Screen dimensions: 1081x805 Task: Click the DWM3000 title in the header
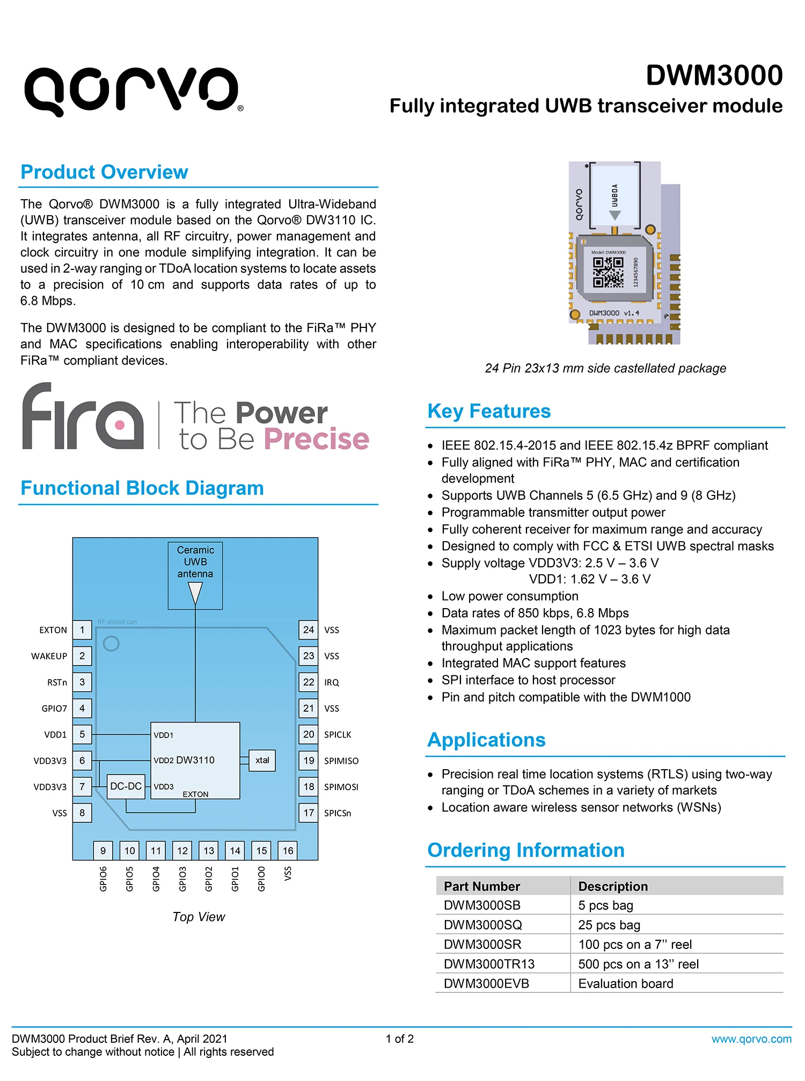(x=714, y=75)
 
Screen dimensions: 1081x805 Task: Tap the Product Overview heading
(x=104, y=172)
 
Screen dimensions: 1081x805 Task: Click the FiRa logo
(x=83, y=417)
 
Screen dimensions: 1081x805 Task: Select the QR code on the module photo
(x=608, y=272)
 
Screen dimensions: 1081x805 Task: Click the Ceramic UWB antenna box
(x=195, y=575)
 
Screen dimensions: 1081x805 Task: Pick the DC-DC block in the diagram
(x=126, y=786)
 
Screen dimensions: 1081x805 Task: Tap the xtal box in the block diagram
(x=262, y=761)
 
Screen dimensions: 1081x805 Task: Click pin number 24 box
(x=309, y=630)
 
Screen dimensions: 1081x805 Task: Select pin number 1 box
(x=82, y=630)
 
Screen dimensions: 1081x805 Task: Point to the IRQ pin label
(x=332, y=682)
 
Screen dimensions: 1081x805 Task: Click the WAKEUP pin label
(x=49, y=656)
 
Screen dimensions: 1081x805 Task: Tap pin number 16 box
(x=288, y=851)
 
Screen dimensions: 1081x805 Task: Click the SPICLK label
(x=338, y=735)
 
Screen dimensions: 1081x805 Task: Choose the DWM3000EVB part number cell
(x=486, y=983)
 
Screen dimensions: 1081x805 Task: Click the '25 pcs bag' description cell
(x=609, y=925)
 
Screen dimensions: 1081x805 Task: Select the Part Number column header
(x=482, y=886)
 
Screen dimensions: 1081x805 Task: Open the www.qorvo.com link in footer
(x=751, y=1039)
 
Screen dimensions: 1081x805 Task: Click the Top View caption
(x=199, y=917)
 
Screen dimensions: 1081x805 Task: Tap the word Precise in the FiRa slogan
(x=317, y=439)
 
